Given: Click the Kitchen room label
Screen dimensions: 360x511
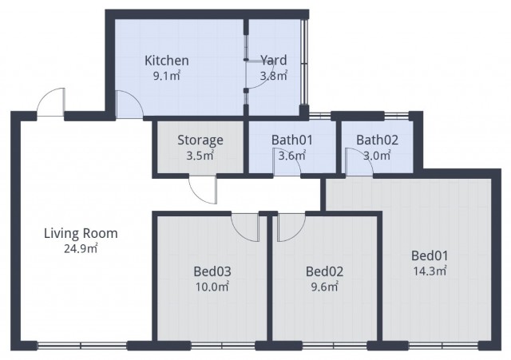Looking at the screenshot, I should coord(166,61).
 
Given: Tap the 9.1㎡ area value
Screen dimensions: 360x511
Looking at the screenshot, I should coord(166,77).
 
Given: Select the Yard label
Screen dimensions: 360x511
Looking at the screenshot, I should coord(273,61).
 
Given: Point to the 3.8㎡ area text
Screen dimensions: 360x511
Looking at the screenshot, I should coord(273,77).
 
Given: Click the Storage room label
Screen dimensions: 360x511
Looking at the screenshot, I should coord(200,140).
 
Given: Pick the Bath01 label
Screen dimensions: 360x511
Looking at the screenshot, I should coord(291,140).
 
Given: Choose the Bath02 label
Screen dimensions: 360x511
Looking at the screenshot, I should coord(377,140).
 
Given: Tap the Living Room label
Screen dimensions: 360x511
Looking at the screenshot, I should coord(81,233).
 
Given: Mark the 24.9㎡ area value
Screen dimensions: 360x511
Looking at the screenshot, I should coord(81,248).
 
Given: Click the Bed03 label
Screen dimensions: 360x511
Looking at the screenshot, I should coord(212,270).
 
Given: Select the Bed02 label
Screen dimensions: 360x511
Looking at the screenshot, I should coord(324,270).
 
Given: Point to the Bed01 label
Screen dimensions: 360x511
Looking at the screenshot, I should coord(430,255).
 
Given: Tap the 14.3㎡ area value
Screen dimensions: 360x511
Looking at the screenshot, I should coord(430,271).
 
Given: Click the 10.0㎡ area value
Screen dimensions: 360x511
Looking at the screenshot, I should coord(212,285).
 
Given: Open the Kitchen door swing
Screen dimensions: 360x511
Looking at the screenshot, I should coord(128,105).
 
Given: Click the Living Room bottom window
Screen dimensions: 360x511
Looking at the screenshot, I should coord(81,345).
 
